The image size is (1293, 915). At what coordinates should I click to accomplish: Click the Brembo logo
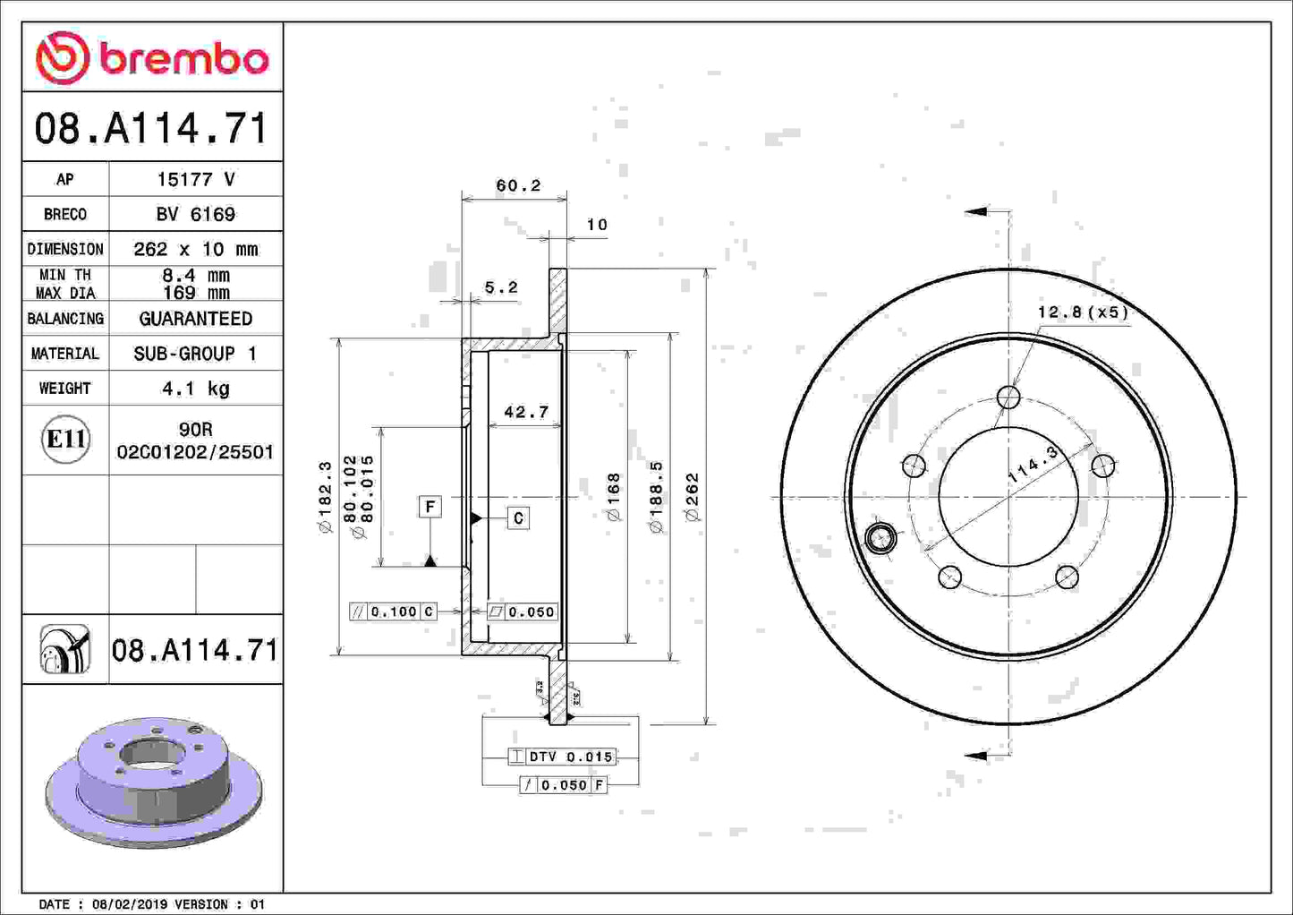(x=152, y=58)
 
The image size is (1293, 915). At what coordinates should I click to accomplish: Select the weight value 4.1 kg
(x=195, y=389)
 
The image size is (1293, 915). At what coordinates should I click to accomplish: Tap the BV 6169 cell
(x=195, y=215)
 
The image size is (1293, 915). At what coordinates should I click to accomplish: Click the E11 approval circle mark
(x=65, y=440)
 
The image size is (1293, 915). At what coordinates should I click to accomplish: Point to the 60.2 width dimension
(x=518, y=185)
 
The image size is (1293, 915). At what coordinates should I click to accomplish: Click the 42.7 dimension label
(x=525, y=412)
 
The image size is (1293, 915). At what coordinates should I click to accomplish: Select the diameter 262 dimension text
(x=692, y=497)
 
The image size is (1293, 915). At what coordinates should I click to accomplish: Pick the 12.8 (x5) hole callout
(x=1082, y=312)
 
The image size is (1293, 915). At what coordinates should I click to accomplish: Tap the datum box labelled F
(x=430, y=507)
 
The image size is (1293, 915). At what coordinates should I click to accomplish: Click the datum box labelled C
(x=518, y=518)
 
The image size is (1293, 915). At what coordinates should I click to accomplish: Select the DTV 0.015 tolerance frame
(x=561, y=757)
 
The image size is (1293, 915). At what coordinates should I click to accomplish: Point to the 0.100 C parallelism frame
(x=393, y=611)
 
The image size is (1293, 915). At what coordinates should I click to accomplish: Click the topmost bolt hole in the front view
(x=1008, y=397)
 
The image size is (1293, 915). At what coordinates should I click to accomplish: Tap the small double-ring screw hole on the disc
(x=880, y=538)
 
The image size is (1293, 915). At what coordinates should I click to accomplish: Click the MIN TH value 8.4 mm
(x=195, y=275)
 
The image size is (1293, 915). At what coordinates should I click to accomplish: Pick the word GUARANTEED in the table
(x=195, y=319)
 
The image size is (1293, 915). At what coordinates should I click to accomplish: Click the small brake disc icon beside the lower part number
(x=65, y=649)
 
